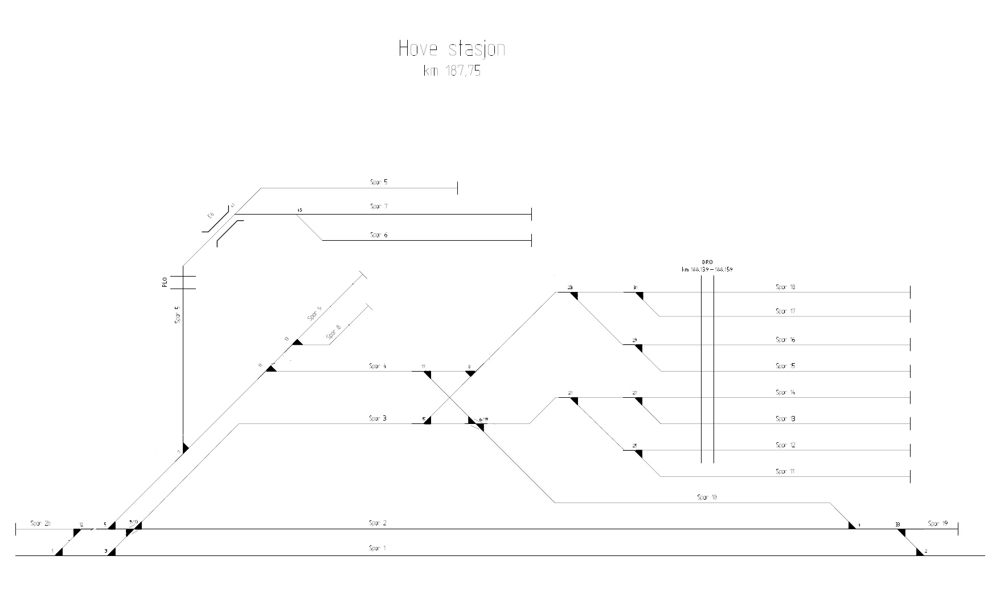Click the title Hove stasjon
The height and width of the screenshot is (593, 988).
pos(452,49)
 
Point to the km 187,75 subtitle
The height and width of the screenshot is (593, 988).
pos(452,72)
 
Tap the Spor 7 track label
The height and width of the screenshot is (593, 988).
pos(379,207)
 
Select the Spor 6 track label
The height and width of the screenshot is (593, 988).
pos(379,234)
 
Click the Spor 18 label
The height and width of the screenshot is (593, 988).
pos(785,287)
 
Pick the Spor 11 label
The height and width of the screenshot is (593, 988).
pos(785,471)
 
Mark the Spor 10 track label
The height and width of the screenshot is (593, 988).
pos(707,497)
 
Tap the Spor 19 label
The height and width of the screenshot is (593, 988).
pos(937,524)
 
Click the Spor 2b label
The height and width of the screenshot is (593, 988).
pos(40,523)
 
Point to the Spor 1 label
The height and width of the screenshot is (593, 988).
pos(378,549)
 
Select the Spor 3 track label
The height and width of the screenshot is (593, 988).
pos(378,418)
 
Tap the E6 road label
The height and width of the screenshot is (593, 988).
pos(210,216)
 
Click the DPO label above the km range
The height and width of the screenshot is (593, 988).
pos(707,262)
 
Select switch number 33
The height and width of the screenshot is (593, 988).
pos(897,525)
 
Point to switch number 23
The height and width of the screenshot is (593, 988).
pos(570,287)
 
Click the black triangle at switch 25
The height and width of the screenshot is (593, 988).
pos(638,454)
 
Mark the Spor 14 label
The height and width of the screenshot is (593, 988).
pos(785,392)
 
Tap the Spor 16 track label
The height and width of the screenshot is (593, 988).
pos(785,340)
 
